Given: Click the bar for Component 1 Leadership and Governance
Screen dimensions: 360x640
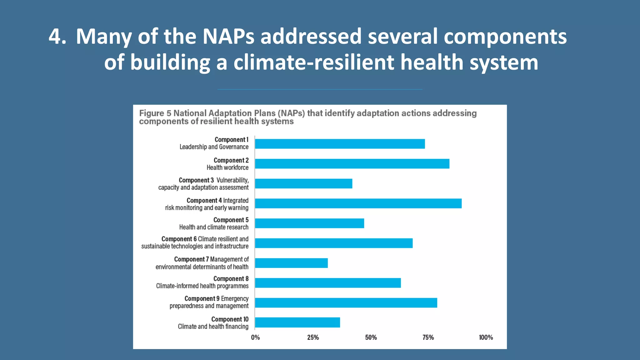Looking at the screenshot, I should click(340, 144).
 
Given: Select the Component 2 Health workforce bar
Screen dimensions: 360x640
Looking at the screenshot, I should click(352, 164).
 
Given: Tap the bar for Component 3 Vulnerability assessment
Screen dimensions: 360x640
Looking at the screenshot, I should click(303, 184).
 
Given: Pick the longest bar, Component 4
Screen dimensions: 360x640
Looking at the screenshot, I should click(358, 203).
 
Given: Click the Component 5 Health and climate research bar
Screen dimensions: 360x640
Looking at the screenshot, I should click(309, 223).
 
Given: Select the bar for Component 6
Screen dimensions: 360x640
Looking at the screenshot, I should click(334, 243).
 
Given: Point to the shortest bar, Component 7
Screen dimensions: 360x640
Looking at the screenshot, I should click(291, 263).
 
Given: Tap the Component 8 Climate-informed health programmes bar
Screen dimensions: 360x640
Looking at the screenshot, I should click(328, 283).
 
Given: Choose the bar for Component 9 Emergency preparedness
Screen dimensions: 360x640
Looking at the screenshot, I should click(346, 303).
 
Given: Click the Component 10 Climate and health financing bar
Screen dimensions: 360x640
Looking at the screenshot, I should click(297, 322).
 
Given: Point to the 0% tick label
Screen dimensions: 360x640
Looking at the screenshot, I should click(255, 337).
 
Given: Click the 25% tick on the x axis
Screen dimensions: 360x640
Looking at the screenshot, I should click(313, 337).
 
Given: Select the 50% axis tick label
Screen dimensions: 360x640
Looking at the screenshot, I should click(371, 337).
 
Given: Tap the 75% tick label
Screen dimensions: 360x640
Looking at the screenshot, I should click(428, 337).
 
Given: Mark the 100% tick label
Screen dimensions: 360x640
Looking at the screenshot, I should click(486, 337).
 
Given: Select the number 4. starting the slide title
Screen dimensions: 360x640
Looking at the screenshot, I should click(57, 37).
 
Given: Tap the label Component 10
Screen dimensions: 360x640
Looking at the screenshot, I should click(230, 319).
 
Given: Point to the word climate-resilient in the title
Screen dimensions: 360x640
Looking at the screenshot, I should click(314, 62).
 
